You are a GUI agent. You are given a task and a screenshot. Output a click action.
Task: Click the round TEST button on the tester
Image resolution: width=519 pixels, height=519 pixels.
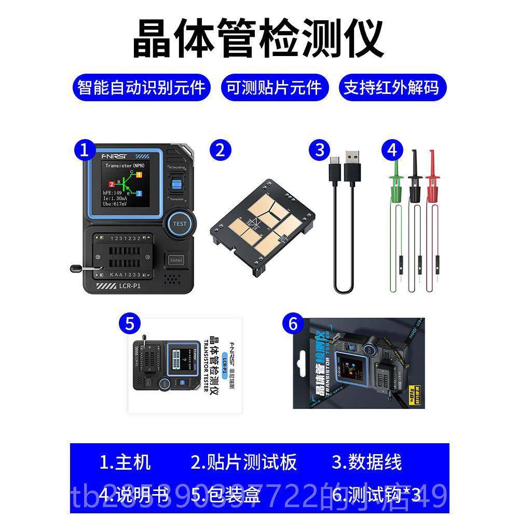180,224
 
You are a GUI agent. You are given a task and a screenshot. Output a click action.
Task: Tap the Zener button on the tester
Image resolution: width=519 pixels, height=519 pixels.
176,259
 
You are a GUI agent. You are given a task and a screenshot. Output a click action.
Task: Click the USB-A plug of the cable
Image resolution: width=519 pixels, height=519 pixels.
353,161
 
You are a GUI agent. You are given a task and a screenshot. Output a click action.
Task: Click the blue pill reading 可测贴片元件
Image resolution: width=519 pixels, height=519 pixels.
274,87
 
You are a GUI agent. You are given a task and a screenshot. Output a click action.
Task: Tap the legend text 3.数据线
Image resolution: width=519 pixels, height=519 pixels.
367,462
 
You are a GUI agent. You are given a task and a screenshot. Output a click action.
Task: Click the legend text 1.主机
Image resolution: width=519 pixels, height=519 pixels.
125,462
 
